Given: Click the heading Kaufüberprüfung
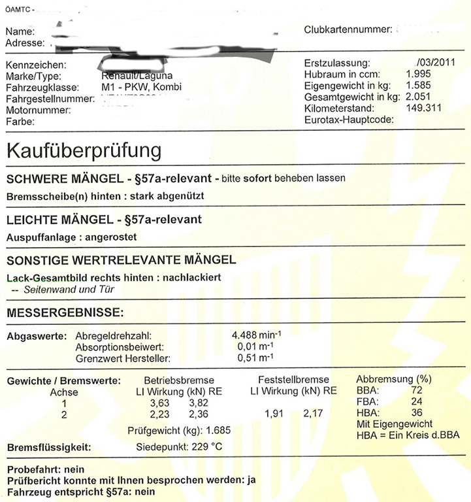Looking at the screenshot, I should [84, 150].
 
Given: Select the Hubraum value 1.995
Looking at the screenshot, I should [418, 75].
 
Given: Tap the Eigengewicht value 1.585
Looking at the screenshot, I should [418, 86].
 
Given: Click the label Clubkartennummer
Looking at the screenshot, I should [348, 30].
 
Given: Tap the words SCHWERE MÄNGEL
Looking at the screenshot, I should [63, 178].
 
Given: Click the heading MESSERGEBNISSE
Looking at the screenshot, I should [65, 313].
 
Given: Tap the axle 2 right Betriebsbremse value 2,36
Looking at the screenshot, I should [198, 414].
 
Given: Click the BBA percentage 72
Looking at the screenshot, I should [417, 390].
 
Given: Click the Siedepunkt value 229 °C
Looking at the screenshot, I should [208, 447].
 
